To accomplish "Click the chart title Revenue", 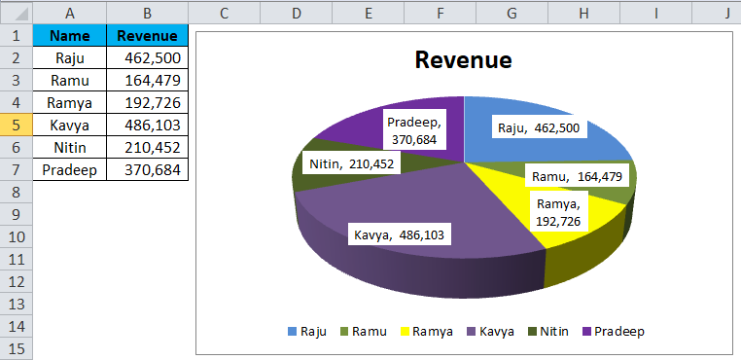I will coord(463,60).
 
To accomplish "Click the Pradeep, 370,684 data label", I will coord(415,130).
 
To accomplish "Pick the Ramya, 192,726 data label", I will coord(557,212).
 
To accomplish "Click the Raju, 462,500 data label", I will coord(539,127).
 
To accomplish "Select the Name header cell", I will coord(70,36).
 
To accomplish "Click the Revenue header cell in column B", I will coord(147,36).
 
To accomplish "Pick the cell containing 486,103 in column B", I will coord(147,126).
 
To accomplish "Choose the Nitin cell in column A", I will coord(70,148).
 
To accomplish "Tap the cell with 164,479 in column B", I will coord(147,81).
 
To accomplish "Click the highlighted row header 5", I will coord(16,126).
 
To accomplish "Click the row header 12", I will coord(16,282).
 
